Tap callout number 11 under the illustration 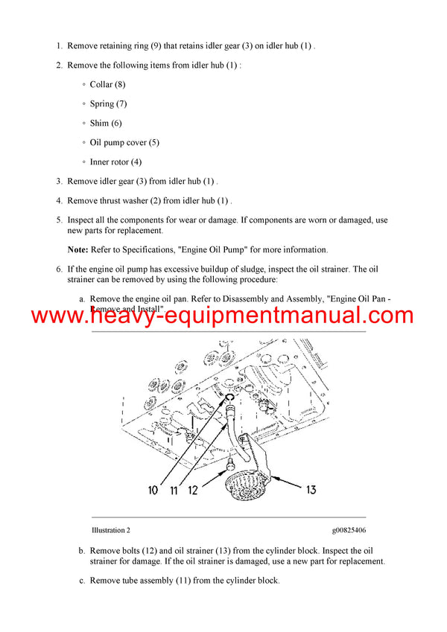173,490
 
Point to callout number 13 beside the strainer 312,490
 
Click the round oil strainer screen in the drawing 247,488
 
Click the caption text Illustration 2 110,531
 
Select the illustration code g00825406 349,531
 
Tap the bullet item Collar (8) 107,85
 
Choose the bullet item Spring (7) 108,104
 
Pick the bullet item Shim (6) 106,124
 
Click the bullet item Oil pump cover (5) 124,143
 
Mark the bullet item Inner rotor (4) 115,162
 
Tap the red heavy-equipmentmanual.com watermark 223,316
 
